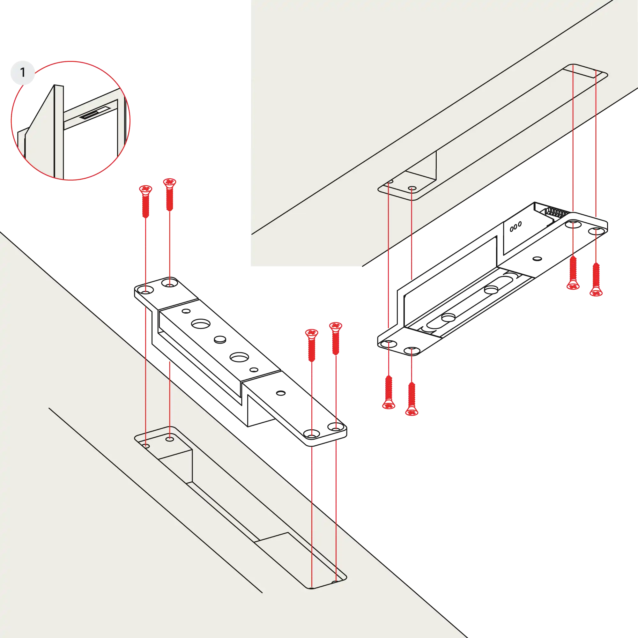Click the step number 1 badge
coord(22,72)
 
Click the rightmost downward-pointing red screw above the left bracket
coord(336,338)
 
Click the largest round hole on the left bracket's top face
coord(199,323)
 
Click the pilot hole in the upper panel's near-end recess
coord(412,188)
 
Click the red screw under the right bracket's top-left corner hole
coord(573,273)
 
